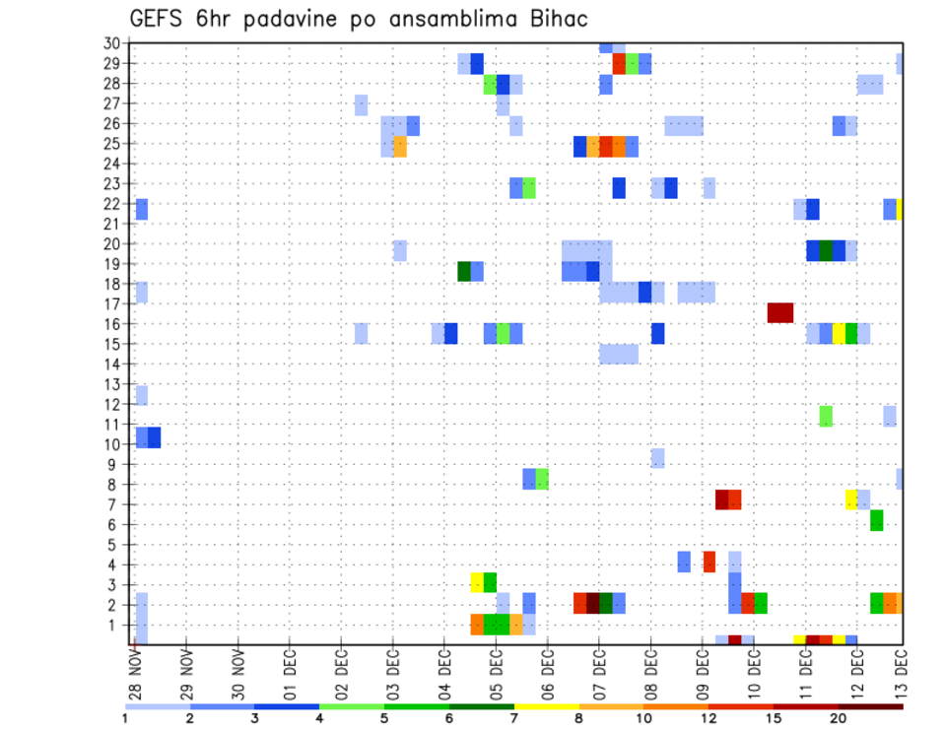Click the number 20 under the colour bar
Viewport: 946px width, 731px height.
click(x=839, y=718)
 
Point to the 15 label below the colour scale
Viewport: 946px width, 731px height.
click(x=774, y=718)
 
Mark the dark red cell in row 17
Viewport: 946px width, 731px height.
click(x=780, y=312)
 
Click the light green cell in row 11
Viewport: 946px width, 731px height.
click(x=826, y=416)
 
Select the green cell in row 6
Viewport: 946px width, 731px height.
click(x=877, y=520)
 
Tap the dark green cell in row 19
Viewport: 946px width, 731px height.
click(x=464, y=271)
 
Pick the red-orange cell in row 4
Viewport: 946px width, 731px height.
click(x=709, y=562)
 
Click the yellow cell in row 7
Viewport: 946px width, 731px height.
click(x=851, y=499)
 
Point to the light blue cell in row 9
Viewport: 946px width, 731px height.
click(x=657, y=458)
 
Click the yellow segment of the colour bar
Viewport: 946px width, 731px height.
click(x=546, y=706)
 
